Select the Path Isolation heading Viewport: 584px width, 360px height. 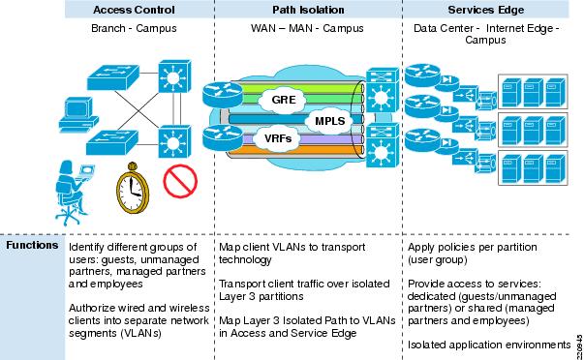[309, 10]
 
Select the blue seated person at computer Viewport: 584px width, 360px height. [77, 190]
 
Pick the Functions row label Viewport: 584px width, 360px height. [31, 246]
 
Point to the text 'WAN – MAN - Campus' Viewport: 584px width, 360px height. [309, 29]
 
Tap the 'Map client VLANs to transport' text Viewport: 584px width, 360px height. [296, 247]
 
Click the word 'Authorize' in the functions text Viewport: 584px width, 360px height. [92, 307]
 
